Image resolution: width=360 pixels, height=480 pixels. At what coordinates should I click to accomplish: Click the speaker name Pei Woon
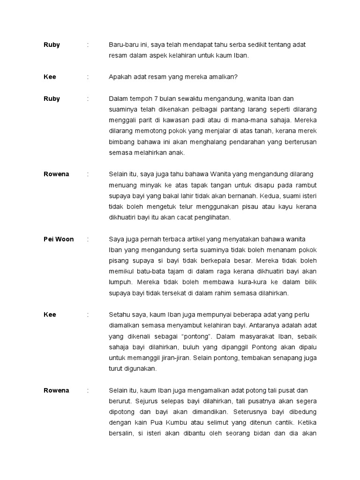click(58, 239)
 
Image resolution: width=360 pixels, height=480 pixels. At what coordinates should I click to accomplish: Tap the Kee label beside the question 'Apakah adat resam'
click(50, 77)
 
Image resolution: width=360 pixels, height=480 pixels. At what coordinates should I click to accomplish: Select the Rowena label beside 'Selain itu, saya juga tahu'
click(56, 174)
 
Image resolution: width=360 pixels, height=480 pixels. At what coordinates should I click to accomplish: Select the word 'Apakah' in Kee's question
click(120, 77)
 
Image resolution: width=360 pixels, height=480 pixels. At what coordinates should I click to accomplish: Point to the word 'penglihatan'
click(211, 217)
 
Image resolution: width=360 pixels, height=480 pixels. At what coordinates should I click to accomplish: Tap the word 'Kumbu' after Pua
click(175, 423)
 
